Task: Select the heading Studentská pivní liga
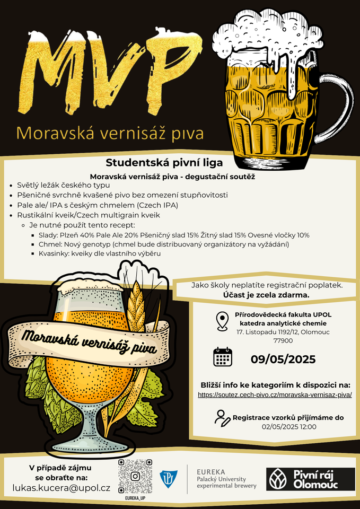coord(164,162)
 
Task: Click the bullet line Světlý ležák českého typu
coord(63,186)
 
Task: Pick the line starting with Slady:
coord(174,235)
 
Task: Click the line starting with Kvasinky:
coord(99,253)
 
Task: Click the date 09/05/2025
coord(283,359)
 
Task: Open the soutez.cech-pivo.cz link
coord(275,395)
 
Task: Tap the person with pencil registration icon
coord(222,418)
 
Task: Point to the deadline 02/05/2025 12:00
coord(289,426)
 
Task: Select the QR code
coord(135,476)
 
